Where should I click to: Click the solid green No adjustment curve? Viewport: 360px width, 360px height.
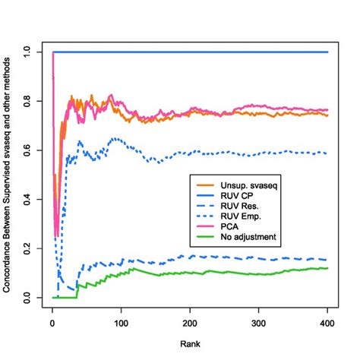pos(190,273)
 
